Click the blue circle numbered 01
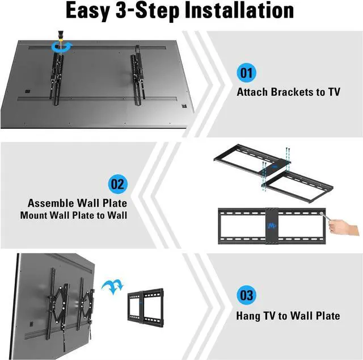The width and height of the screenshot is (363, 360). [x=246, y=73]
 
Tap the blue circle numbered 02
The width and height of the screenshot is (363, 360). [x=118, y=184]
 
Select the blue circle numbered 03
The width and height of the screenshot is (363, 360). [x=246, y=295]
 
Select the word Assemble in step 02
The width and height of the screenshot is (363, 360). [x=50, y=203]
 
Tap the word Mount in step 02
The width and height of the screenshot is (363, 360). [x=33, y=215]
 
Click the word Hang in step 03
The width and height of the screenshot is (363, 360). [x=248, y=316]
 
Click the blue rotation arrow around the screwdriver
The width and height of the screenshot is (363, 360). [x=62, y=46]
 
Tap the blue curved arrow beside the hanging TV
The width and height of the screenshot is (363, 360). [x=113, y=287]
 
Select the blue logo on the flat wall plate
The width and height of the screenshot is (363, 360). [x=271, y=226]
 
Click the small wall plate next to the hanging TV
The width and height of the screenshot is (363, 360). [x=146, y=308]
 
